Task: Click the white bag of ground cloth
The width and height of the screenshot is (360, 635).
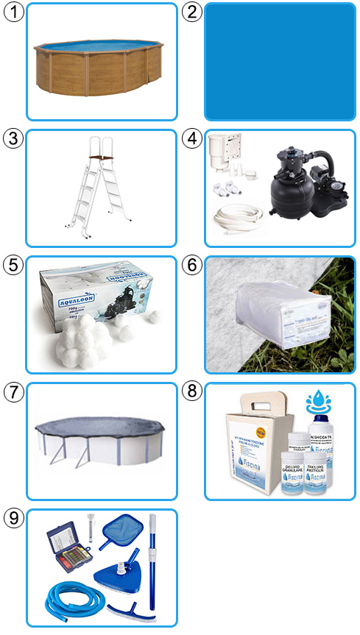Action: point(276,323)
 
